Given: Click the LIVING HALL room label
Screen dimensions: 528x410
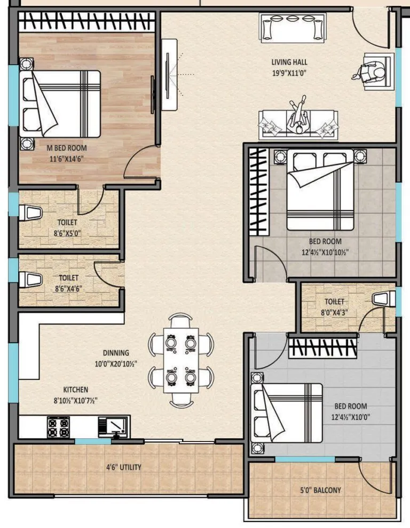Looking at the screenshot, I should [x=289, y=62].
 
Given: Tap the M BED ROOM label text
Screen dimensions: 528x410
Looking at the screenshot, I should [x=66, y=148].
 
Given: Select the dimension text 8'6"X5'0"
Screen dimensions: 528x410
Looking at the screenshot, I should [x=67, y=232].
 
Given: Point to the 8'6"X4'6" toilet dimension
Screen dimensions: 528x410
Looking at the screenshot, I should [x=68, y=288].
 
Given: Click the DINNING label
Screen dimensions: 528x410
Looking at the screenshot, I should [x=116, y=353].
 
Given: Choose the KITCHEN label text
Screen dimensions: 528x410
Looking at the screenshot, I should [x=76, y=390].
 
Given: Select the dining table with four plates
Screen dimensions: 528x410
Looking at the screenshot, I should [x=181, y=359].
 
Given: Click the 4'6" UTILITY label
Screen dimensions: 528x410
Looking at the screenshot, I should [x=123, y=467].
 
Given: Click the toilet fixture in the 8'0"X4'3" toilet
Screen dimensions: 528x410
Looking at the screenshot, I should [x=384, y=299].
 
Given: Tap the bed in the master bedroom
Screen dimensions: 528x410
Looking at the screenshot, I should [x=60, y=104].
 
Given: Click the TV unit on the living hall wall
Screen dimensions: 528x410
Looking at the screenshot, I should [x=169, y=75].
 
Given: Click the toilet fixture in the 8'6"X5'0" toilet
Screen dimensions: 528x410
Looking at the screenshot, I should [x=30, y=212].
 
